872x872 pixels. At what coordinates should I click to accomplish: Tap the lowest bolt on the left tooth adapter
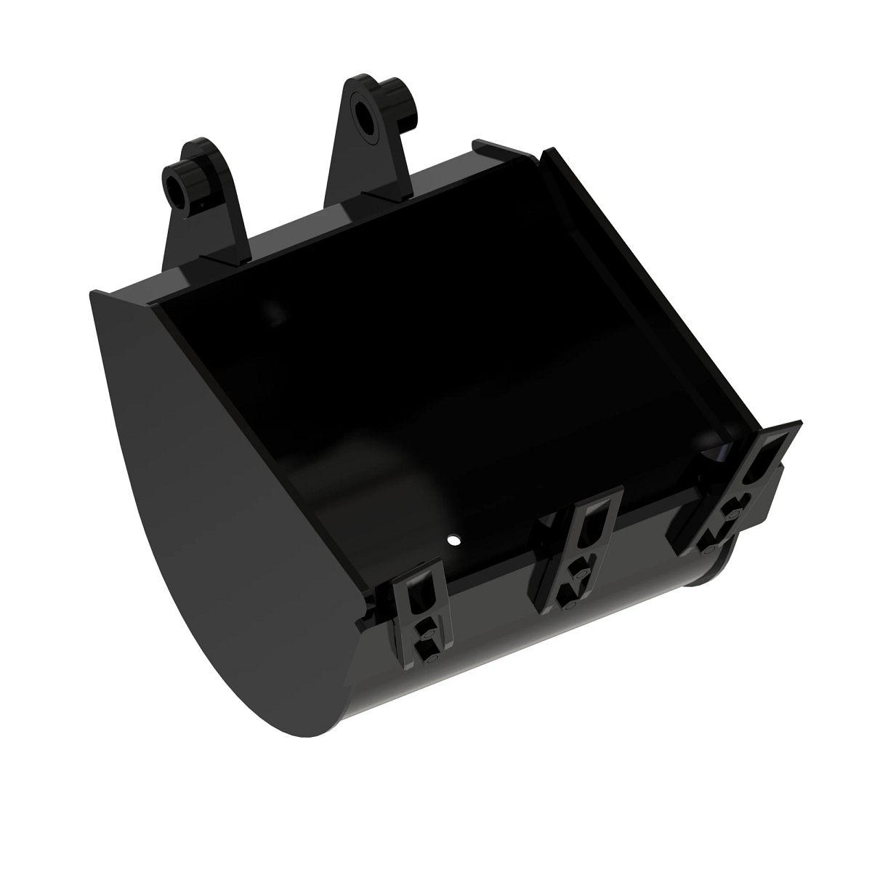click(429, 661)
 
